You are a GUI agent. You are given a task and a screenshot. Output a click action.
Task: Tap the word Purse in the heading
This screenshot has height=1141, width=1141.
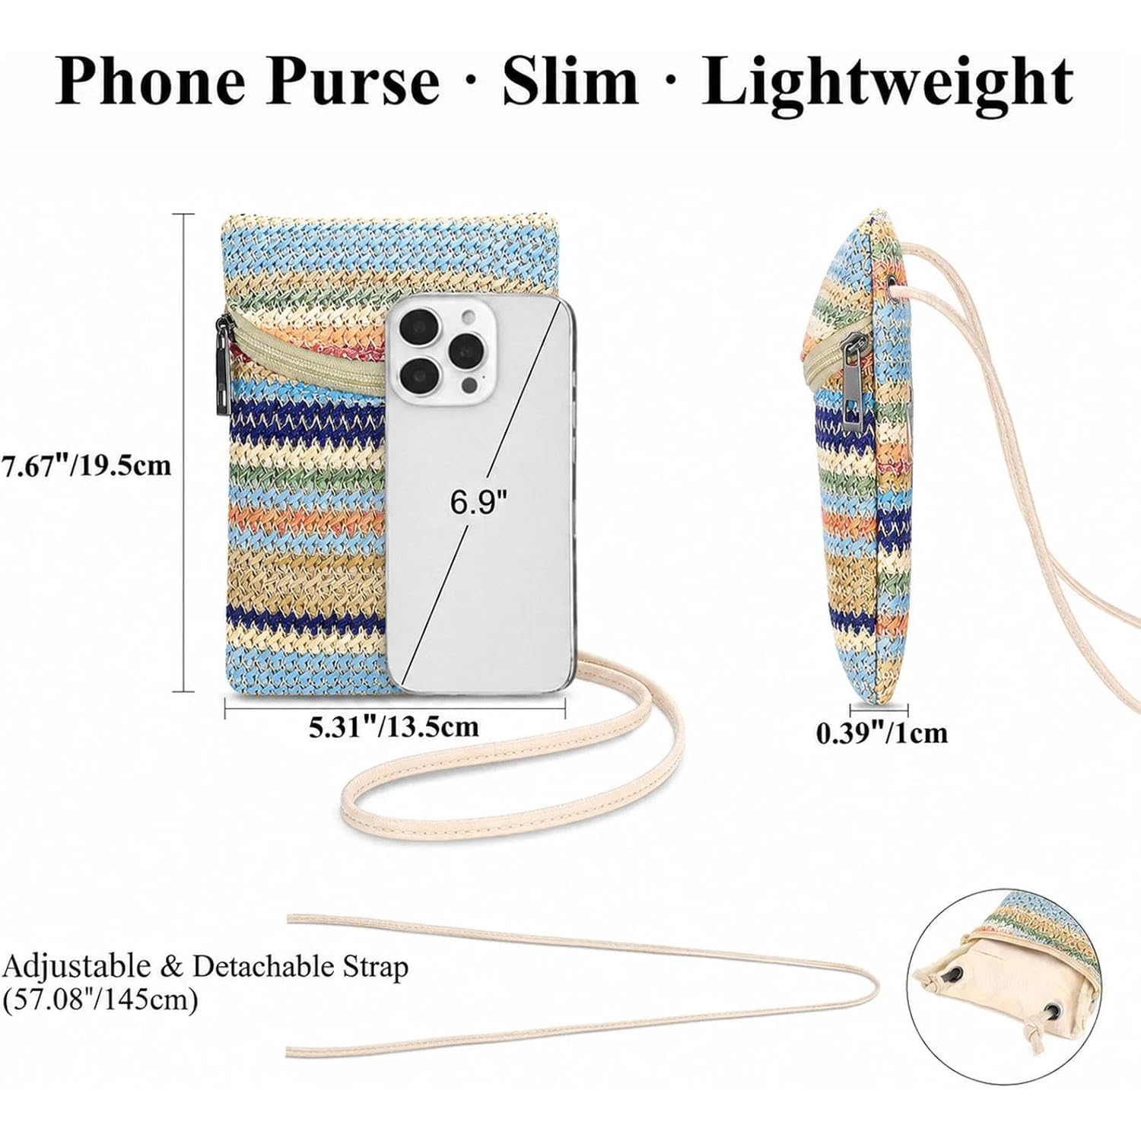click(x=352, y=81)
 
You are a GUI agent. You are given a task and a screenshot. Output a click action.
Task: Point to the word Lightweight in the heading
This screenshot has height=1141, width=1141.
click(x=887, y=82)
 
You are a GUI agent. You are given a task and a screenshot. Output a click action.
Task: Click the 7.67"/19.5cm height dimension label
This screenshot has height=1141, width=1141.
click(x=86, y=465)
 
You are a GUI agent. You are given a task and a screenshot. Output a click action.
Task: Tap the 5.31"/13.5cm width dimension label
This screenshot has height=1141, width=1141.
click(x=393, y=726)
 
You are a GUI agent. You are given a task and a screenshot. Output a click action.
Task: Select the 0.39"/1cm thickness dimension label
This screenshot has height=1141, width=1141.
click(x=882, y=733)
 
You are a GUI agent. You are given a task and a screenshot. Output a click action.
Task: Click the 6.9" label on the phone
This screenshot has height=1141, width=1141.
click(x=478, y=502)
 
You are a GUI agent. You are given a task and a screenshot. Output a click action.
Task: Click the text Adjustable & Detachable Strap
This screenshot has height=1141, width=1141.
click(x=205, y=967)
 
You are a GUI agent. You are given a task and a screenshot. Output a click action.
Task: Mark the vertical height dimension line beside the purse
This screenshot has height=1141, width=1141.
click(x=183, y=453)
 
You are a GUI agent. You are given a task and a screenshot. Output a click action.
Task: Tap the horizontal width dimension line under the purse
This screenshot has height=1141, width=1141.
click(x=396, y=708)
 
